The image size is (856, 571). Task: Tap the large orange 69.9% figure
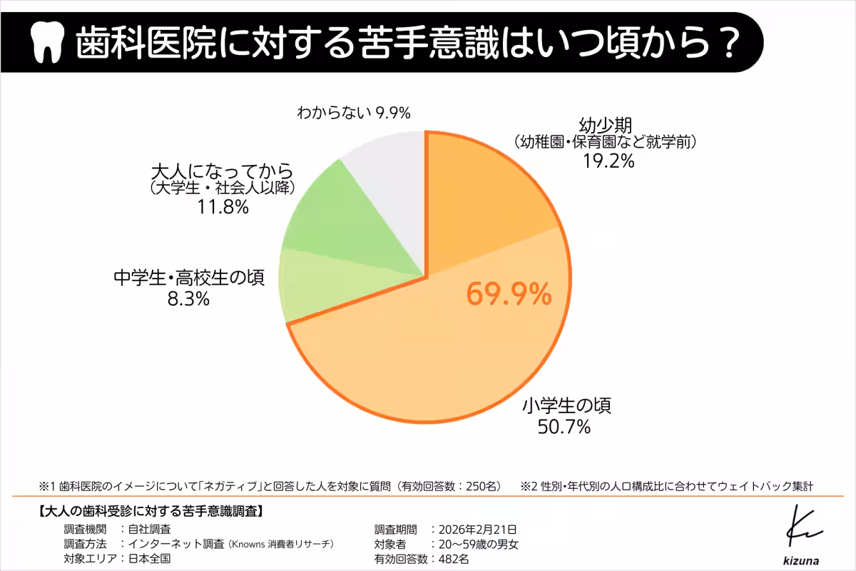(x=509, y=294)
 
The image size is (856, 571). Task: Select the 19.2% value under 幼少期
(x=608, y=161)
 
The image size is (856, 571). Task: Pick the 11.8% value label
(x=223, y=208)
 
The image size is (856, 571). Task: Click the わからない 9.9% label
(x=355, y=113)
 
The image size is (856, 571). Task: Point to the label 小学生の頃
(x=566, y=407)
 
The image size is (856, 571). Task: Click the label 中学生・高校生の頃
(x=189, y=278)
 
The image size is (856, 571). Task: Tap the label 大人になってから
(x=223, y=171)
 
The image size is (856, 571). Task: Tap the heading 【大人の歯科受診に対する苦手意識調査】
(x=150, y=511)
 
